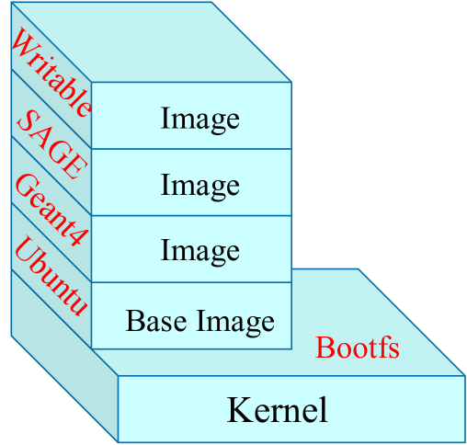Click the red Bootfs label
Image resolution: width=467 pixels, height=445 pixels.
358,348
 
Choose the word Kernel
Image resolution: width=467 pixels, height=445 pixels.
277,409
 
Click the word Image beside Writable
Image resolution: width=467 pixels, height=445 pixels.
199,119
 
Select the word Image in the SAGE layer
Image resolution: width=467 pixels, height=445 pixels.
199,185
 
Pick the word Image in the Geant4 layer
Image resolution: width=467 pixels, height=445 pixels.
199,250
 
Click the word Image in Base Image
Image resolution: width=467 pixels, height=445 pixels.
234,321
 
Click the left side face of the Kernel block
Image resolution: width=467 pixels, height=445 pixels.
64,386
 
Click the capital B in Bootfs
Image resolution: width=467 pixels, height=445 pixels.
324,348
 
